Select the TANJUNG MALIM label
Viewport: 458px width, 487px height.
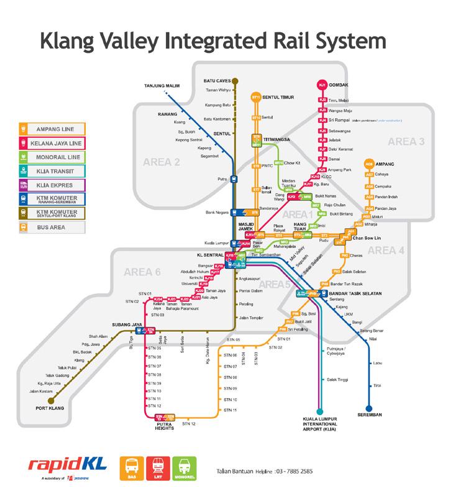[x=161, y=85]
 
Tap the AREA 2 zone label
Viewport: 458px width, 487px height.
[x=162, y=163]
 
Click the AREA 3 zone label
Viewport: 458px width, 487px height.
[x=406, y=142]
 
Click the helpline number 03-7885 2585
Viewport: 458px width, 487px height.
[x=292, y=471]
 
